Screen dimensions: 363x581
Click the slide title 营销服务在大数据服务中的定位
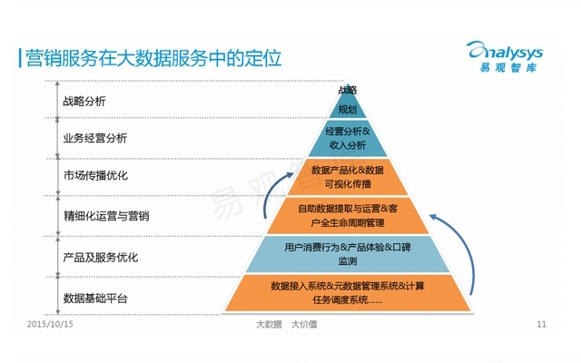[151, 58]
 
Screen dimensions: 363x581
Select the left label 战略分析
[84, 101]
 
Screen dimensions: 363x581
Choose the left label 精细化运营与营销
[106, 216]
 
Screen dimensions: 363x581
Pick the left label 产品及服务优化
[100, 257]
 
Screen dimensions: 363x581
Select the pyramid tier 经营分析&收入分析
[347, 139]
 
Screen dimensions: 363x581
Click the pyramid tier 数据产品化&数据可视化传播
[347, 176]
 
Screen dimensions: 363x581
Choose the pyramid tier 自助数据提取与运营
[347, 215]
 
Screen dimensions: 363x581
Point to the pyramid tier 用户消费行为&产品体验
[347, 254]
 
